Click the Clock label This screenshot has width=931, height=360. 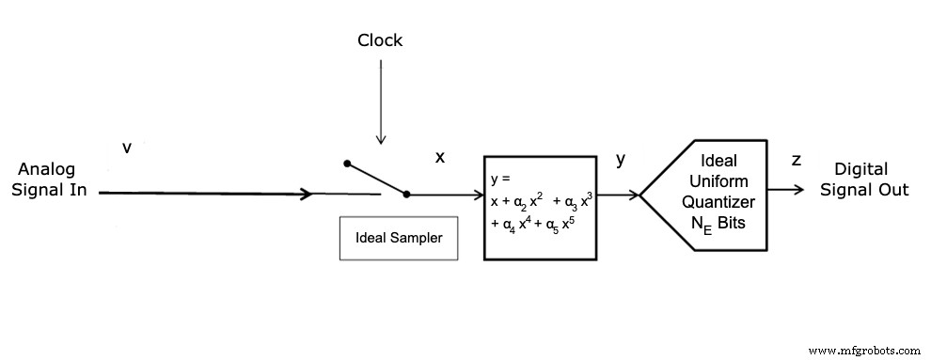(380, 40)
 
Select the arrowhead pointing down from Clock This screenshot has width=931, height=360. (380, 140)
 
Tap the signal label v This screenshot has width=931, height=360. (127, 148)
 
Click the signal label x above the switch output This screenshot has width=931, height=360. (439, 157)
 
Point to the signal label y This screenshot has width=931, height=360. (620, 159)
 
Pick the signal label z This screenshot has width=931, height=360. (796, 160)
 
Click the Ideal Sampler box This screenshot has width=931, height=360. (398, 238)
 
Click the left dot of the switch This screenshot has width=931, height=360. (347, 164)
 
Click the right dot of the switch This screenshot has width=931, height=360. (406, 195)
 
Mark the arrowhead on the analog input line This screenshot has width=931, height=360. (306, 195)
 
